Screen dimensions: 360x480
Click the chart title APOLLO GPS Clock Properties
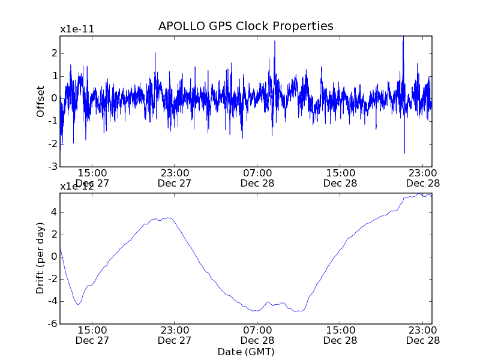click(x=245, y=26)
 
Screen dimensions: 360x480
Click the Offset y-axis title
click(x=40, y=101)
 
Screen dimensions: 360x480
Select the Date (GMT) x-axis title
click(x=245, y=352)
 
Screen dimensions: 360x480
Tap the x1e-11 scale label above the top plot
click(x=77, y=29)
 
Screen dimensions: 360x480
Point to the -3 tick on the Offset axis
click(x=53, y=166)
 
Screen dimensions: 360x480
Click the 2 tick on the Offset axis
click(x=54, y=53)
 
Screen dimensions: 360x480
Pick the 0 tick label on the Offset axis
click(x=54, y=98)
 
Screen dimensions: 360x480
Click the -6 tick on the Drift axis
click(x=53, y=323)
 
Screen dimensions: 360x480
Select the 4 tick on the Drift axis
click(x=54, y=212)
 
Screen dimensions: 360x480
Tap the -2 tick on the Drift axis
click(x=53, y=279)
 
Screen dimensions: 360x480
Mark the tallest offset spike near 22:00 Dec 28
click(x=403, y=38)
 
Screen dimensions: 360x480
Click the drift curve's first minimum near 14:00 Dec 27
click(x=78, y=304)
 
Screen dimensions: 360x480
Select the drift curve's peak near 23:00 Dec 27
click(x=170, y=218)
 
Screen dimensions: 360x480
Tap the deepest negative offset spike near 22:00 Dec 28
click(x=404, y=152)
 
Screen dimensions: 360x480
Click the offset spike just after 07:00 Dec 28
click(x=275, y=41)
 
